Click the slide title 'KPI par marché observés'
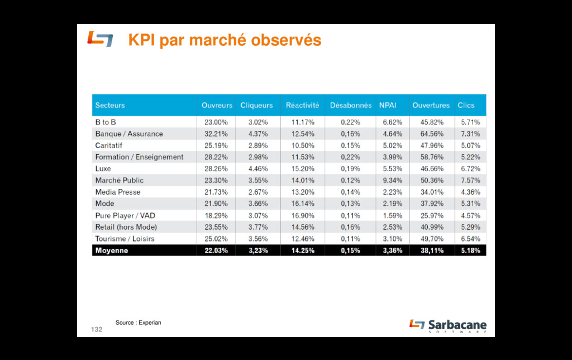coord(225,41)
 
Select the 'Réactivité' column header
coord(302,105)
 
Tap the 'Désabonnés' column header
coord(350,105)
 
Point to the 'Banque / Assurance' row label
coord(129,134)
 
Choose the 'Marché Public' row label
coord(119,180)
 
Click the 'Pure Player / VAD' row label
coord(125,215)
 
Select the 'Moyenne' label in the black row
coord(112,250)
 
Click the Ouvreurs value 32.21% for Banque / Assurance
coord(216,134)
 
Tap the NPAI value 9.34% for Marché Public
coord(393,180)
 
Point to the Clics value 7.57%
coord(470,180)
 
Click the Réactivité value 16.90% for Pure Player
coord(303,215)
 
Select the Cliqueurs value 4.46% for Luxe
coord(258,168)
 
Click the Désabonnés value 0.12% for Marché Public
coord(350,180)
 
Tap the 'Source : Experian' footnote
coord(138,323)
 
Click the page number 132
coord(97,330)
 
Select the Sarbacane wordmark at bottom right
coord(457,325)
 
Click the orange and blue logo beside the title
coord(100,40)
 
